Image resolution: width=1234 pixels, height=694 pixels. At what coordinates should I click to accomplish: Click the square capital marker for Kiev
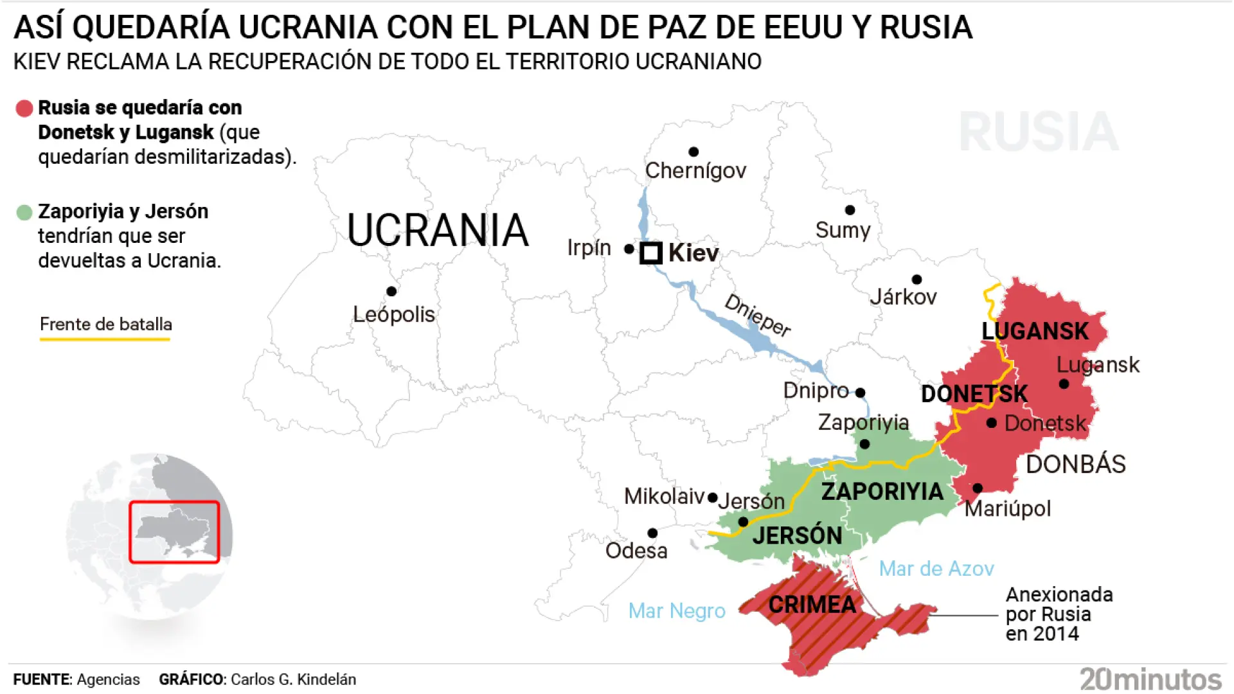(x=650, y=253)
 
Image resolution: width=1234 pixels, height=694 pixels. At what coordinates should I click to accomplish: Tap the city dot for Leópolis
(x=391, y=291)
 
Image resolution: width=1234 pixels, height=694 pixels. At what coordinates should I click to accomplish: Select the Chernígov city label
(x=695, y=170)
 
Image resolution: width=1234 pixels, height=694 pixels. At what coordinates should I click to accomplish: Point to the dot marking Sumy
(x=850, y=210)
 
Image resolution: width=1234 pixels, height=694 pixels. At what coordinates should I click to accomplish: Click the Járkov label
(x=903, y=297)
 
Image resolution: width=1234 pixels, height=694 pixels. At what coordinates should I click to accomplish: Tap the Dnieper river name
(x=757, y=315)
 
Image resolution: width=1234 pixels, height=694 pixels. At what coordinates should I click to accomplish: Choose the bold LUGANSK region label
(x=1035, y=331)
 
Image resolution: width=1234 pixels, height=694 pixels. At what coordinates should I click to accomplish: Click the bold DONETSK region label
(x=974, y=394)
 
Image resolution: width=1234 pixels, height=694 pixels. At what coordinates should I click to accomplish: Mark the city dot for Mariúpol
(x=978, y=488)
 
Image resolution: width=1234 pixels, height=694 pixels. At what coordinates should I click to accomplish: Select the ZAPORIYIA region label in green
(x=882, y=492)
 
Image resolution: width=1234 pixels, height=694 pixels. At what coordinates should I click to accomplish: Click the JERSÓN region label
(x=797, y=535)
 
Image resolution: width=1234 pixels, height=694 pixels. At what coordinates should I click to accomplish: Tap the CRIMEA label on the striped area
(x=812, y=605)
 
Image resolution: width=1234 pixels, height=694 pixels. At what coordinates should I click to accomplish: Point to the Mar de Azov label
(x=936, y=569)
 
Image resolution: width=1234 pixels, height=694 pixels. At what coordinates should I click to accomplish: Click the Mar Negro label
(x=676, y=610)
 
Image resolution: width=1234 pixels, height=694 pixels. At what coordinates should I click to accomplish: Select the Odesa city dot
(x=652, y=533)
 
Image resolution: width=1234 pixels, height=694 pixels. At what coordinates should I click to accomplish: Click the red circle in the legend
(x=24, y=109)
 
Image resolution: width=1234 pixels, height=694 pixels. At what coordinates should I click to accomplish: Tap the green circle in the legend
(x=24, y=213)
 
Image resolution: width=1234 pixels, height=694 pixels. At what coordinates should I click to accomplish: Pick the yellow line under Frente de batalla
(x=105, y=339)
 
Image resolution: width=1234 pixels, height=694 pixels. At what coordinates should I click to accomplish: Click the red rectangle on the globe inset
(x=174, y=532)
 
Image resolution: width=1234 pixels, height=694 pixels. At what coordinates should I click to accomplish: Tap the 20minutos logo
(x=1150, y=679)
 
